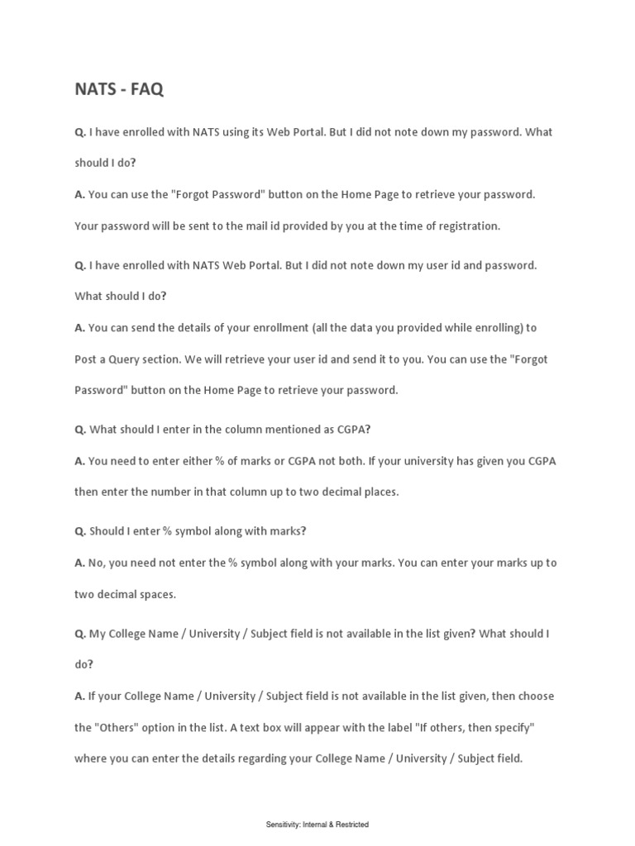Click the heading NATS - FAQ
click(119, 89)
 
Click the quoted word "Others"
click(120, 727)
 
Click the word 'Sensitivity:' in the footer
click(284, 825)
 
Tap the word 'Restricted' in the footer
click(352, 825)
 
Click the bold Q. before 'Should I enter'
click(80, 531)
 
